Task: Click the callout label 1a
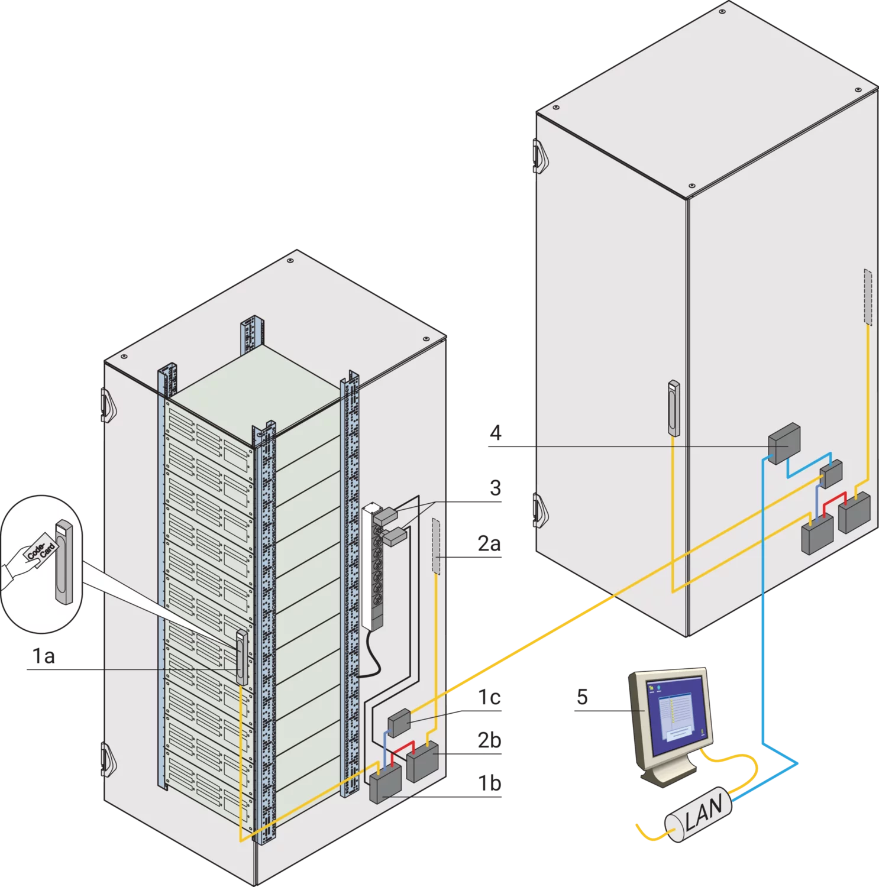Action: [x=43, y=656]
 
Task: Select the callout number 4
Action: [x=496, y=433]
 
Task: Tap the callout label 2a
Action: [x=489, y=543]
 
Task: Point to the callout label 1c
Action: [x=490, y=698]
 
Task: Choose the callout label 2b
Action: [x=489, y=740]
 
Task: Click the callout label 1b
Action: [x=490, y=783]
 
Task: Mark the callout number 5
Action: [x=582, y=697]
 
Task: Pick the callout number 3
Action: [x=495, y=488]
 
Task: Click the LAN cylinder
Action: [x=700, y=812]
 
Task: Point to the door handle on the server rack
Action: [x=241, y=656]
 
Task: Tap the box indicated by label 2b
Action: [x=422, y=760]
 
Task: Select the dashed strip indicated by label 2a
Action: [x=436, y=546]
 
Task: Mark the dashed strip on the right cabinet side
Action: [x=867, y=297]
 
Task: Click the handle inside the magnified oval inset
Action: [x=64, y=562]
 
